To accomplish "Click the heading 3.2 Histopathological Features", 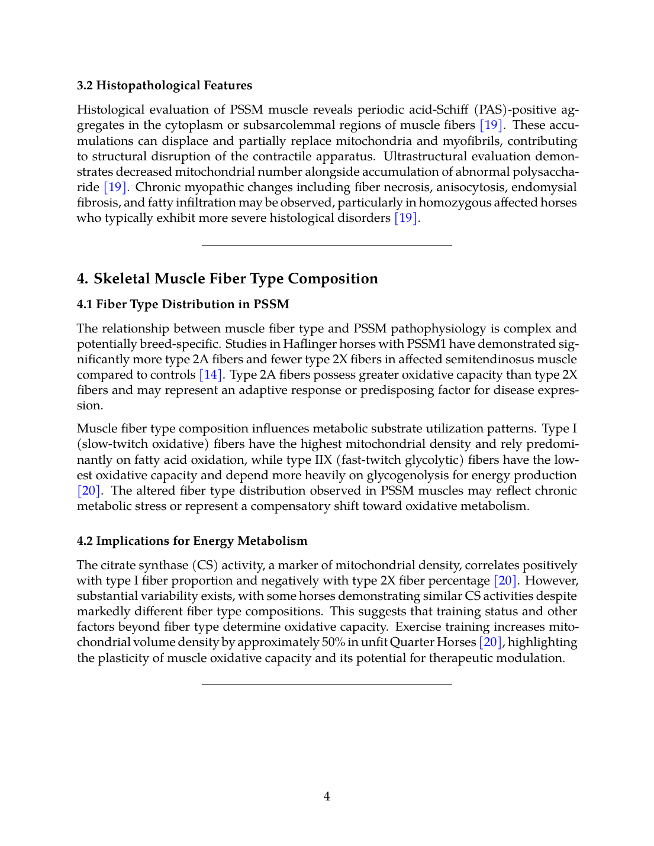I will pyautogui.click(x=165, y=86).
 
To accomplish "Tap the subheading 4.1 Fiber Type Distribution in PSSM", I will pyautogui.click(x=183, y=305).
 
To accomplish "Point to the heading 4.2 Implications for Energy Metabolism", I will pyautogui.click(x=192, y=541).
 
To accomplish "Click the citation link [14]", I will pyautogui.click(x=211, y=375).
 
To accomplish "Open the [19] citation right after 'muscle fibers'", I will pyautogui.click(x=491, y=125).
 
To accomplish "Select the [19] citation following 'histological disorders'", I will pyautogui.click(x=407, y=218).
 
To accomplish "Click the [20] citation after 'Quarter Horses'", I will pyautogui.click(x=491, y=642).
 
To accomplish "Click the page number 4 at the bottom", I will pyautogui.click(x=327, y=797).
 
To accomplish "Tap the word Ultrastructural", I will pyautogui.click(x=427, y=157).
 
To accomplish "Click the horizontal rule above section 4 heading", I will pyautogui.click(x=327, y=245).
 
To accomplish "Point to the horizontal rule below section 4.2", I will pyautogui.click(x=327, y=684).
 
